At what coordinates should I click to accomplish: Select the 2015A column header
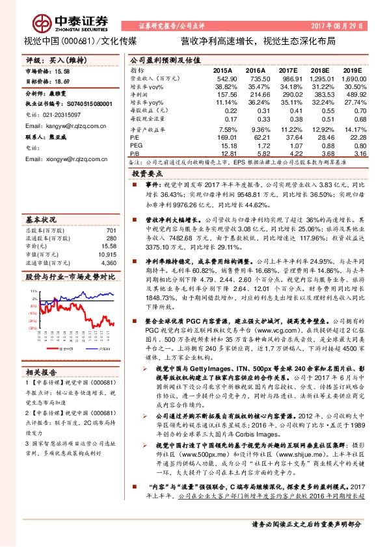pos(222,70)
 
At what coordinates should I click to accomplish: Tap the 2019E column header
pos(352,70)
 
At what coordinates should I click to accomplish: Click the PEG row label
pos(137,146)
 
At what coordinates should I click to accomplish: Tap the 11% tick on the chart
pos(31,291)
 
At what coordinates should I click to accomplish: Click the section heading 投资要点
pos(146,174)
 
